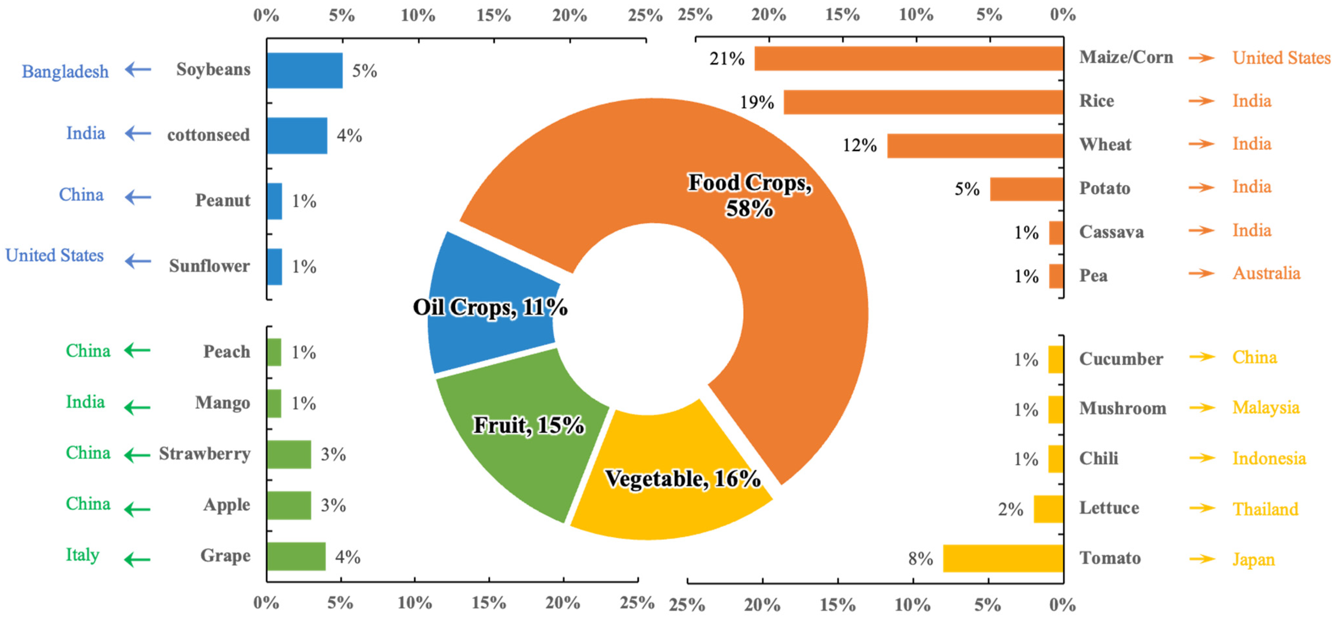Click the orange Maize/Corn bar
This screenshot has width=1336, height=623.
(909, 58)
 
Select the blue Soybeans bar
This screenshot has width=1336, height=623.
(304, 71)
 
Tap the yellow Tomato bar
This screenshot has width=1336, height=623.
(1003, 558)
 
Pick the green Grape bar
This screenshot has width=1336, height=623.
(296, 556)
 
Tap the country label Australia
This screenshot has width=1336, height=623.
(1266, 273)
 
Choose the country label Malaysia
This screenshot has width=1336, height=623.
(1265, 408)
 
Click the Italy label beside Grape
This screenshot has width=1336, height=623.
(82, 554)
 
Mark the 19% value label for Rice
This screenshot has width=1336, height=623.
(757, 102)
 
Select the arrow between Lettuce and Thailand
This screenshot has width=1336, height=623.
(1202, 508)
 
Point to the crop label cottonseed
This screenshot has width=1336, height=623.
(208, 135)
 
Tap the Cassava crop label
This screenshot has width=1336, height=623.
(1111, 232)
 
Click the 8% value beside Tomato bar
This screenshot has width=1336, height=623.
(920, 559)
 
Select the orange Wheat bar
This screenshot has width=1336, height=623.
(975, 146)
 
